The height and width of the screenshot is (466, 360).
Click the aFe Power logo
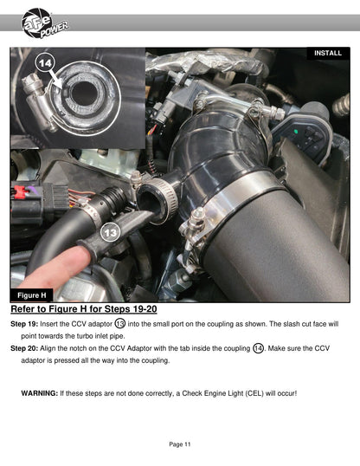(x=44, y=23)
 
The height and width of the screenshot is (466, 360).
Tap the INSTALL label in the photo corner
(x=328, y=53)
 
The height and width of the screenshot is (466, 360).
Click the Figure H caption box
(x=32, y=295)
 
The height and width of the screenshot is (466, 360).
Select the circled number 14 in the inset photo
(x=46, y=63)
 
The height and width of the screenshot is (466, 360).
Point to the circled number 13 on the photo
(x=111, y=232)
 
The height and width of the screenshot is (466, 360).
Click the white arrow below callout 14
(x=56, y=79)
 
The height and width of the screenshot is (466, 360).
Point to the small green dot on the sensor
(x=296, y=132)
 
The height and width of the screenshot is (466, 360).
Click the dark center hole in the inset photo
(x=85, y=94)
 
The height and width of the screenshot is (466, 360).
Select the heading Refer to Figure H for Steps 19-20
(x=84, y=309)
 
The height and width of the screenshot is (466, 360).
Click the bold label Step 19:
(x=24, y=324)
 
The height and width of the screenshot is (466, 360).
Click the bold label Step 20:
(x=24, y=348)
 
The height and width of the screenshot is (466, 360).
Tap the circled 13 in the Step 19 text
(x=120, y=324)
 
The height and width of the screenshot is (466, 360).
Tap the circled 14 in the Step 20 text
(x=259, y=348)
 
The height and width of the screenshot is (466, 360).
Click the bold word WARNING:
(x=40, y=393)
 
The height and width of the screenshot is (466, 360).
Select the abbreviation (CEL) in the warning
(x=254, y=393)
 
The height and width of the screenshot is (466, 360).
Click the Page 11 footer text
(x=180, y=444)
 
